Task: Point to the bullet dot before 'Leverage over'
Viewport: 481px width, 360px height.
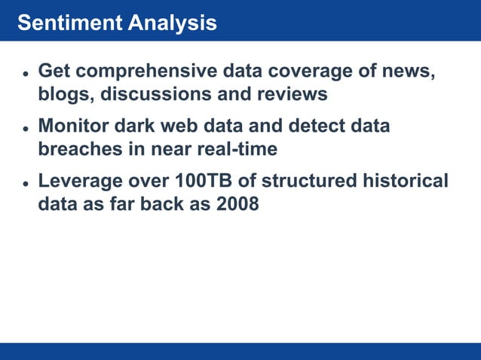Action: [x=25, y=184]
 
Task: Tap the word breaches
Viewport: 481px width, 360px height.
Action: [x=78, y=149]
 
